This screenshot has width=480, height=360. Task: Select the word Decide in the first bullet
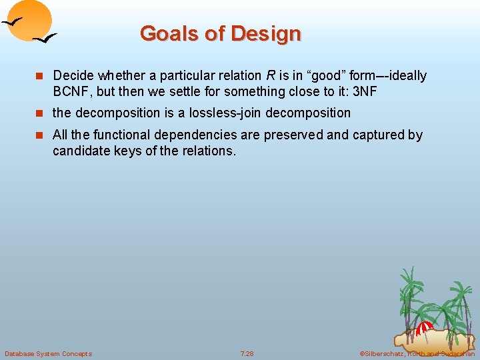coord(73,76)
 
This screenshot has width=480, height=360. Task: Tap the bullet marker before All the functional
coord(41,135)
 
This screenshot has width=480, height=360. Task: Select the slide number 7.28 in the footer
coord(247,353)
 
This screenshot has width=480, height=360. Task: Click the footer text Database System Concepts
coord(48,353)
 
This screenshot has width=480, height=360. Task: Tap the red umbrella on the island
coord(424,327)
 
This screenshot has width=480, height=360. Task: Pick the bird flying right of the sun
coord(45,39)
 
